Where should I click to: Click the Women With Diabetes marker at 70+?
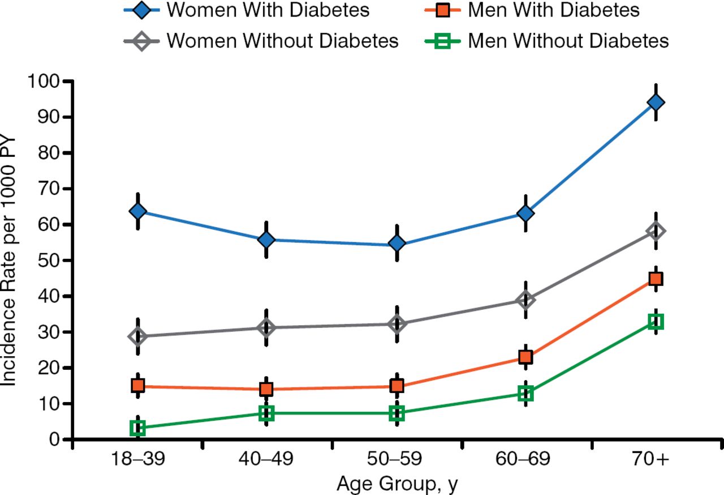656,103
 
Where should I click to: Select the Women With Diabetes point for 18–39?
137,211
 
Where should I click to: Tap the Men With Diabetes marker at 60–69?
525,357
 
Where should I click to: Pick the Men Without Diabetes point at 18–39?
137,428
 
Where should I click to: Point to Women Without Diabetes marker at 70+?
656,231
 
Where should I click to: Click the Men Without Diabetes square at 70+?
656,322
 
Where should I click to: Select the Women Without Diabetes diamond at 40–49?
267,327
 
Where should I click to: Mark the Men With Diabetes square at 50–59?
397,386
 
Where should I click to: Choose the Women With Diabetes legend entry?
269,10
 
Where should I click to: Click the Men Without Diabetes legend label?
568,41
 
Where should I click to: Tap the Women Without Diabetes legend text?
282,41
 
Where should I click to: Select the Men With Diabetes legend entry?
554,10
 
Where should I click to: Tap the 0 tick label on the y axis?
55,439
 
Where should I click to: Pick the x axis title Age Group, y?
397,484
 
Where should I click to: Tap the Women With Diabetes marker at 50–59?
397,244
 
